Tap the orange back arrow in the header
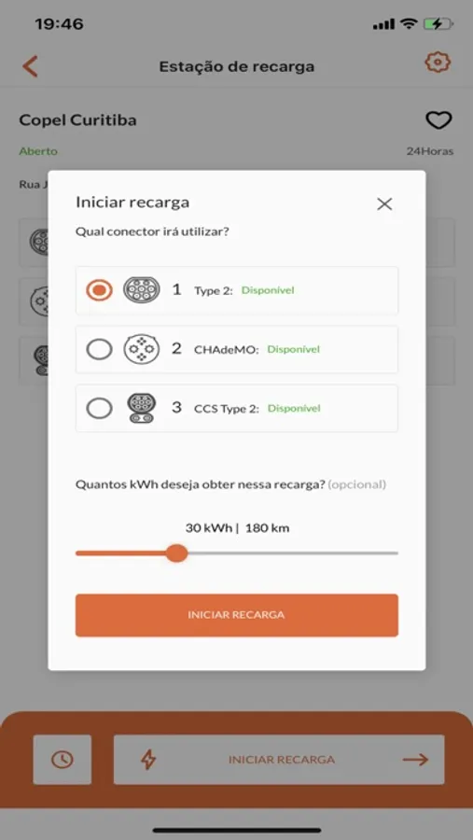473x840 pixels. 30,66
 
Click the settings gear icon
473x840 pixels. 438,63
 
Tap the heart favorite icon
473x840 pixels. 438,120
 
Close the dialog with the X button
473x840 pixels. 384,203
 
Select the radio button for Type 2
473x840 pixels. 99,290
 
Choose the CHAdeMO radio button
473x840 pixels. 99,349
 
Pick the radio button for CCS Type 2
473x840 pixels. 99,409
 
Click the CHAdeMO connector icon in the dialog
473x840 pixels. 142,349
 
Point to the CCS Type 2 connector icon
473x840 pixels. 142,408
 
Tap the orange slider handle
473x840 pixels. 176,553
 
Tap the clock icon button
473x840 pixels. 63,759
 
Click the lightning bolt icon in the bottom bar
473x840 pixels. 147,759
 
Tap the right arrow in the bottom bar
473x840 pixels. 416,759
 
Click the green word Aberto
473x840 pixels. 38,151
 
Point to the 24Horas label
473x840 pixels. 429,151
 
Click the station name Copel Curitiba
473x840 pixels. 77,120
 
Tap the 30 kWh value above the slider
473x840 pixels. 209,528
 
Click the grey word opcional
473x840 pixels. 356,484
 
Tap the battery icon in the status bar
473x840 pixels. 438,24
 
